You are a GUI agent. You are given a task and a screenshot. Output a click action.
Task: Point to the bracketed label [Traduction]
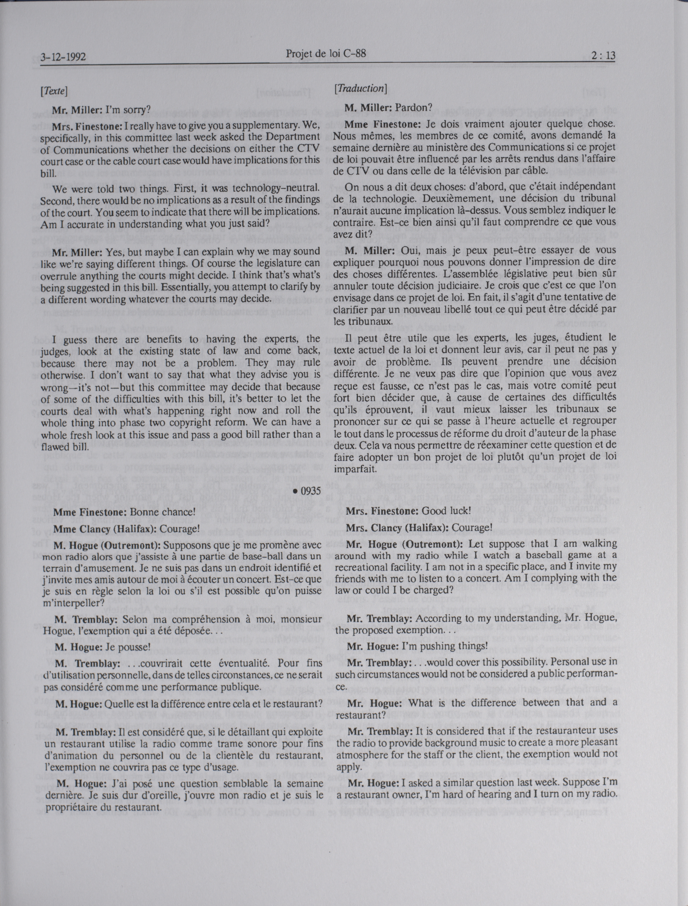(360, 89)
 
